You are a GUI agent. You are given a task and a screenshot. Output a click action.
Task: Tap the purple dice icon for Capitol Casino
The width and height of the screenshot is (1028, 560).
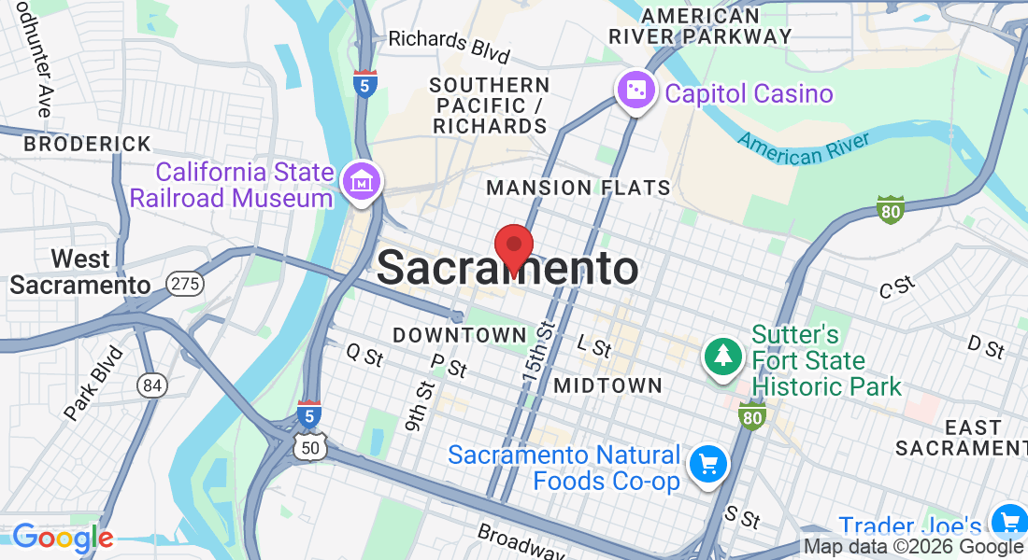[x=635, y=91]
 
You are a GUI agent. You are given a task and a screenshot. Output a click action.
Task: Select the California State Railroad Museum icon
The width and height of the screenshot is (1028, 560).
[x=361, y=182]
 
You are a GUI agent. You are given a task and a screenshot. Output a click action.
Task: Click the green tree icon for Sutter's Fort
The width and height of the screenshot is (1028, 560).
[x=722, y=356]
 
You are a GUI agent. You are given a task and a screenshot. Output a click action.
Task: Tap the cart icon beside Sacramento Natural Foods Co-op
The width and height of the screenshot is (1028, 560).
[x=707, y=463]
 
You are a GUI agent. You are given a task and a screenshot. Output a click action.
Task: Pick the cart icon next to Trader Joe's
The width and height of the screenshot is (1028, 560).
[x=1008, y=521]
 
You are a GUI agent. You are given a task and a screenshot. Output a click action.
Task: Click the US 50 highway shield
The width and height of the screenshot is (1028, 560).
[x=309, y=448]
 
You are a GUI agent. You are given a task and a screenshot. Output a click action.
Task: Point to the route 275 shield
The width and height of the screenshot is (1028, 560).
[x=185, y=284]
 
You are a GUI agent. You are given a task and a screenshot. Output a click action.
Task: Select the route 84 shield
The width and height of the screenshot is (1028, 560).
[x=150, y=384]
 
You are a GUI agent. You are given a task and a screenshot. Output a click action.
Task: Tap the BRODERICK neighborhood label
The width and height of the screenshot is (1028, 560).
[x=87, y=145]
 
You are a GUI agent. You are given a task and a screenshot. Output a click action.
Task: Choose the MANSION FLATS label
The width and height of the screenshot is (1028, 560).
[x=578, y=188]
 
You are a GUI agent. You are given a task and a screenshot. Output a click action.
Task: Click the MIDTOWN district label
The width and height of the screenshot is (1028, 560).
[x=607, y=385]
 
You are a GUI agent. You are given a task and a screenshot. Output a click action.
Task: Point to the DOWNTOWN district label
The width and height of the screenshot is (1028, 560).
[x=460, y=334]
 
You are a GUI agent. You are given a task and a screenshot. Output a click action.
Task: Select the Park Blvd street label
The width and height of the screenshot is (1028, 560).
[x=94, y=384]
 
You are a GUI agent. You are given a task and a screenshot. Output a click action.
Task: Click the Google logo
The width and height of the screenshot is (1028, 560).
[x=63, y=538]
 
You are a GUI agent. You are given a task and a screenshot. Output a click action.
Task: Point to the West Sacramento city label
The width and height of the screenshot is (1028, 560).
[x=79, y=271]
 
